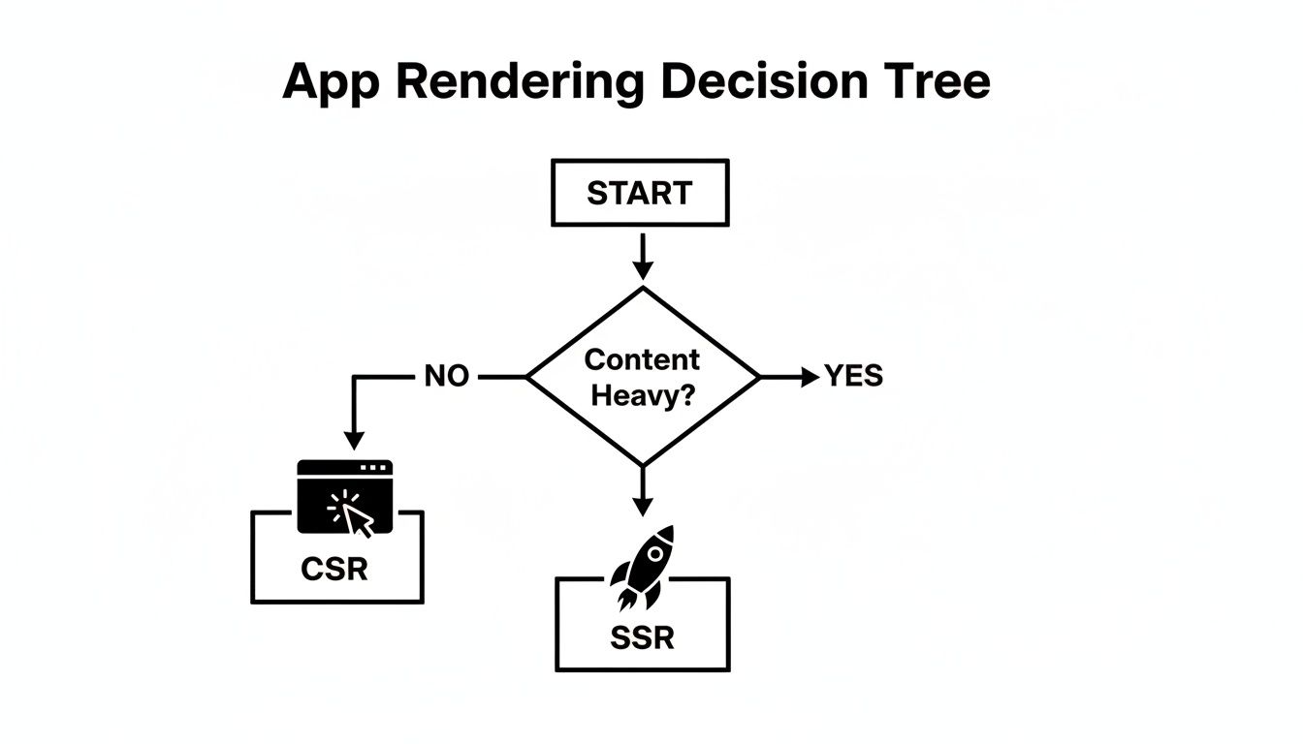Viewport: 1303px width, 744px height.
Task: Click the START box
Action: coord(639,193)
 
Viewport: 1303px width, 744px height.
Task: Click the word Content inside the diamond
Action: coord(642,359)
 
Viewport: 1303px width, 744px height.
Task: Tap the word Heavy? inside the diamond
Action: coord(642,395)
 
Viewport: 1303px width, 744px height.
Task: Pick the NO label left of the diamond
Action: coord(446,377)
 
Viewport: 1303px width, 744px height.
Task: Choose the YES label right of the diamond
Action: coord(853,376)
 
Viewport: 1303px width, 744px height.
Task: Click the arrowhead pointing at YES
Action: coord(810,377)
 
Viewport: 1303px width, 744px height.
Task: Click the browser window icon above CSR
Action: coord(344,496)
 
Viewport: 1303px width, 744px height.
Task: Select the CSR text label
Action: coord(334,569)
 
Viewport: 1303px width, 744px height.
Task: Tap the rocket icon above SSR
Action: coord(642,568)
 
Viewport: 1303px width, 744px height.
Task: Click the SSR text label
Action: coord(642,638)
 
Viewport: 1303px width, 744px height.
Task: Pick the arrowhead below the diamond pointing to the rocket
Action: coord(641,506)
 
